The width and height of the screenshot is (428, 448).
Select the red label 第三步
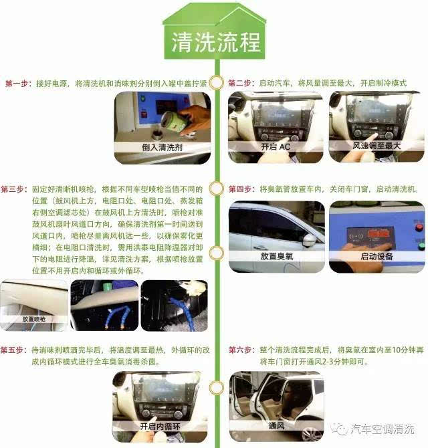pos(14,189)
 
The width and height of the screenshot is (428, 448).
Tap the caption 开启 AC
pos(275,146)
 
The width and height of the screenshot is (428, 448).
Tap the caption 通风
pos(275,426)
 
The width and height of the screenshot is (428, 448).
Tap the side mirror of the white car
pos(309,239)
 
